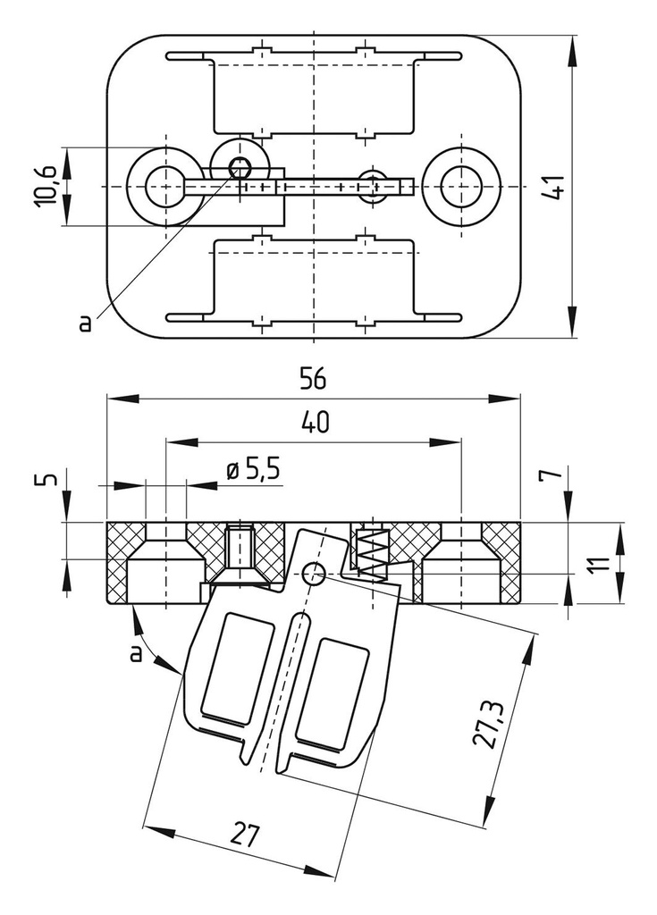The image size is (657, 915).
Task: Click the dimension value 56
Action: (313, 379)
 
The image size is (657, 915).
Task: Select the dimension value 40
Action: (313, 424)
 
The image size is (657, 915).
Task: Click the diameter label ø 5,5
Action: (254, 467)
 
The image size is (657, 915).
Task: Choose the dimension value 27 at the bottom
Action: (244, 835)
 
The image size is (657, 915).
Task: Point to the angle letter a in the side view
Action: (136, 654)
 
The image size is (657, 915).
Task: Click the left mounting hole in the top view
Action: (162, 186)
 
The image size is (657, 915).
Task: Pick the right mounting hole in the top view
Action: (461, 186)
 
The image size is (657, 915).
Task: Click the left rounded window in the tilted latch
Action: (238, 667)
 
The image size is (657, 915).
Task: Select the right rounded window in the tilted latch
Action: (332, 693)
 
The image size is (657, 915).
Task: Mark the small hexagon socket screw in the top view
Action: (239, 165)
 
